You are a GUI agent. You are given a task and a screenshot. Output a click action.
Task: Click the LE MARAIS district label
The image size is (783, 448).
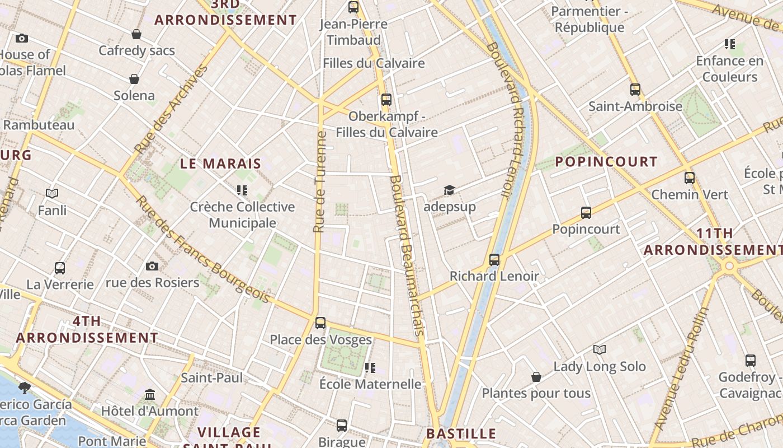220,164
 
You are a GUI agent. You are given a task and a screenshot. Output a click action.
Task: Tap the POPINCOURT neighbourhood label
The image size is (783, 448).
606,162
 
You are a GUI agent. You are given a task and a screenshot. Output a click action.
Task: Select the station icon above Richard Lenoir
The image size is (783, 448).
494,260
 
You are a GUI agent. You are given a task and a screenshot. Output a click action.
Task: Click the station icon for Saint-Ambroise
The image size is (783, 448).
635,90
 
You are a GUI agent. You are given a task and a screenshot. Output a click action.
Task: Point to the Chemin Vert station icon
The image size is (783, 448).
690,178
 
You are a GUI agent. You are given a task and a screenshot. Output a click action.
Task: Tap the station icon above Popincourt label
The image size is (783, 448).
586,213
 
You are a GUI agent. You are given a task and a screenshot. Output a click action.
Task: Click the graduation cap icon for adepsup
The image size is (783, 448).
449,190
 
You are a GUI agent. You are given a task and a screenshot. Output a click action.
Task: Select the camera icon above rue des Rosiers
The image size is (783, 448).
152,266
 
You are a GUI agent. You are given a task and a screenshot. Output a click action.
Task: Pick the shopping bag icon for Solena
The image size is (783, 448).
134,79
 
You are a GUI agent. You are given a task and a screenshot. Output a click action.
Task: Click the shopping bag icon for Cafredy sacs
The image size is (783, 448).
136,35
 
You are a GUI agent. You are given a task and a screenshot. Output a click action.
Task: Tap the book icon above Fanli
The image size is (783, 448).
52,193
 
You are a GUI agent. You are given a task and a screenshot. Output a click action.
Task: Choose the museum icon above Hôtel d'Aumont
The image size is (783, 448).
150,395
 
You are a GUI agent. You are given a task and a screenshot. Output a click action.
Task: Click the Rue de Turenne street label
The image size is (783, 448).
320,182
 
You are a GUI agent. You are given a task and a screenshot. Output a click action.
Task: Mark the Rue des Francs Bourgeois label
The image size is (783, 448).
203,249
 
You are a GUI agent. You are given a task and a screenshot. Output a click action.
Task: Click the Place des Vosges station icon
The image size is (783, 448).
320,323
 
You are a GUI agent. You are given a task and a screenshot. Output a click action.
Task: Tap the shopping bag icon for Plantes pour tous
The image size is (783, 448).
536,377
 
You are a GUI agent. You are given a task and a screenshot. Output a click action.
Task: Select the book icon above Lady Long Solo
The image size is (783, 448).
600,350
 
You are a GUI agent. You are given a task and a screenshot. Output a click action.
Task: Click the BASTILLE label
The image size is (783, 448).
461,434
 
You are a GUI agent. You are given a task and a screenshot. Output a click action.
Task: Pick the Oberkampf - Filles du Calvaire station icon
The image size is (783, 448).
386,100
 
